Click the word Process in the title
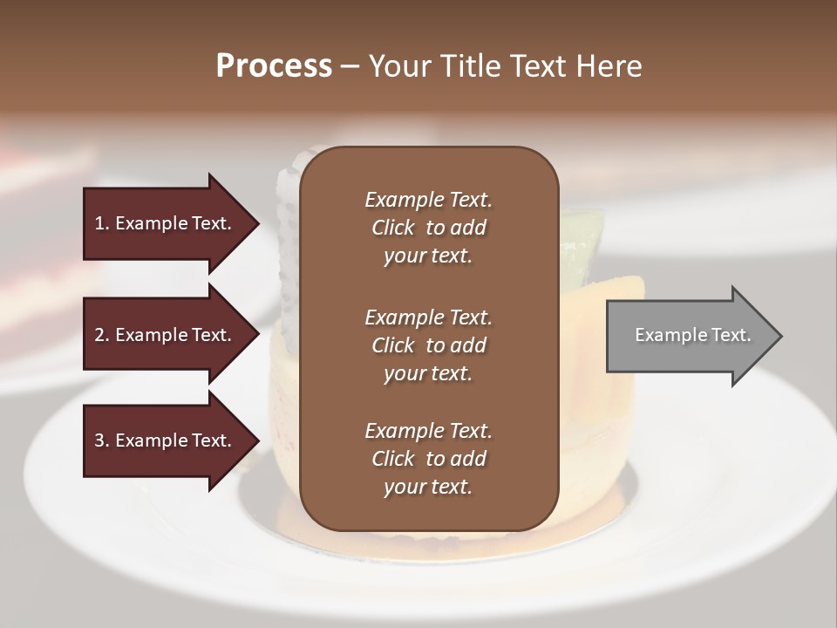tap(274, 66)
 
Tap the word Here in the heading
tap(608, 66)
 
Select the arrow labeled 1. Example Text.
tap(166, 223)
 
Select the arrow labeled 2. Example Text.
tap(166, 335)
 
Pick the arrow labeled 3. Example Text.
tap(166, 440)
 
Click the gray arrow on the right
tap(689, 336)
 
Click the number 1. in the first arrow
tap(102, 223)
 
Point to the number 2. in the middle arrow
tap(102, 335)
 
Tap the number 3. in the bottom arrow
tap(102, 440)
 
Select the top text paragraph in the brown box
tap(428, 228)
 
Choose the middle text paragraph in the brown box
tap(428, 345)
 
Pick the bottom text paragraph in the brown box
tap(428, 459)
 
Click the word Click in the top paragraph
tap(392, 228)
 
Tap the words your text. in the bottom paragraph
tap(428, 488)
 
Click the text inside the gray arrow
tap(693, 335)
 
